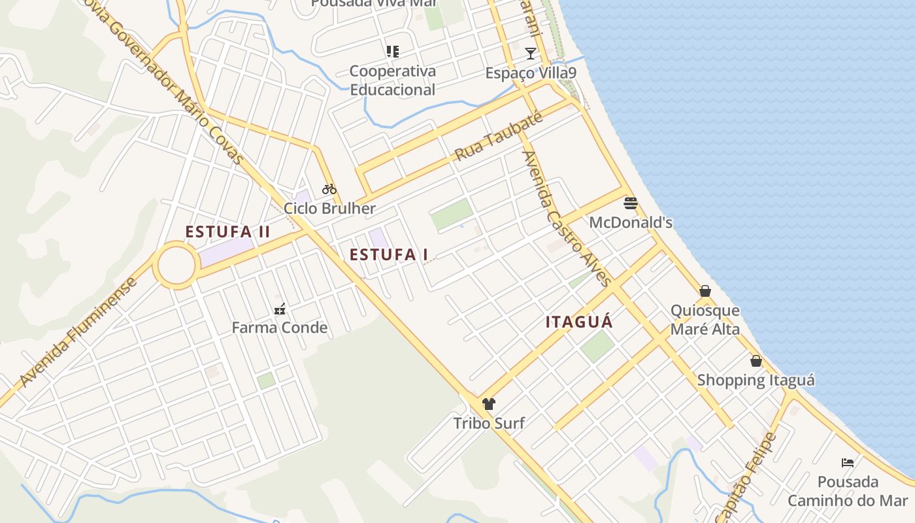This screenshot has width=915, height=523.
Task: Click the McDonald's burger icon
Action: point(630,203)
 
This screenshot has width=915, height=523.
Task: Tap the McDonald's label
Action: point(631,222)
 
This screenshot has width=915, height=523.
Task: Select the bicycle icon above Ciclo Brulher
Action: point(329,189)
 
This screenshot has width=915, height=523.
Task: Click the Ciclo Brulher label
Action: point(329,209)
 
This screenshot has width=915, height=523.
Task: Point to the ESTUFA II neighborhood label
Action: point(227,232)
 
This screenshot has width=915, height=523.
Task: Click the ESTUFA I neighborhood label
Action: point(389,255)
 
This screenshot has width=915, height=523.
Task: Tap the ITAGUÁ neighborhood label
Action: point(579,322)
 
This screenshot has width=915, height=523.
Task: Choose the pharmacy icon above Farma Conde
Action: point(280,309)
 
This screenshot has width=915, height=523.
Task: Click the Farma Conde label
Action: point(280,328)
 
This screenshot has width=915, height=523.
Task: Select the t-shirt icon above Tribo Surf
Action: point(488,403)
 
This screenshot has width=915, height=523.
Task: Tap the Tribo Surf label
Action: point(489,423)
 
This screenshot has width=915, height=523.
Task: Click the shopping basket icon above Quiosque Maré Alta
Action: point(705,290)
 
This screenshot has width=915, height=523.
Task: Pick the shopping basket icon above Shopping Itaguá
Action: point(756,361)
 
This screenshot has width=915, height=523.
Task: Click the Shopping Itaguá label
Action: point(756,380)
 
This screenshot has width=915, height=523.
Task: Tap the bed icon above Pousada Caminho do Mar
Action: point(848,463)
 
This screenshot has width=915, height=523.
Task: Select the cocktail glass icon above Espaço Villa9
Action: point(531,53)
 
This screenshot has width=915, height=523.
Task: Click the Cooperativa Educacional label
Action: point(392,80)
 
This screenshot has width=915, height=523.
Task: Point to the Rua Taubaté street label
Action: point(499,137)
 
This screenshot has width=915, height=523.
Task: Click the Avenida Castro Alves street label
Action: point(567,219)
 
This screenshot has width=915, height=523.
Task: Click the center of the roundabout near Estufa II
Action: point(176,265)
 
